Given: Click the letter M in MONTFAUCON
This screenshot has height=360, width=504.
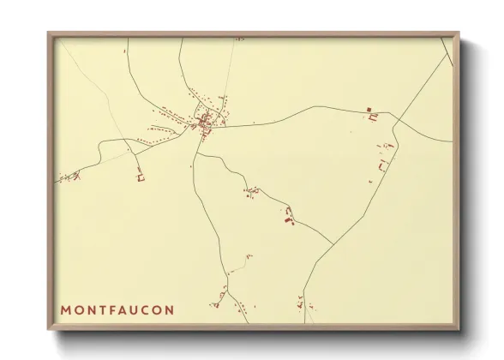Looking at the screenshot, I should [66, 309].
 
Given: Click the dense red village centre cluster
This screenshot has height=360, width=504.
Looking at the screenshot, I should [204, 123].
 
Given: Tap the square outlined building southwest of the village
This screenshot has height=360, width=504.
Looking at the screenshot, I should [141, 177].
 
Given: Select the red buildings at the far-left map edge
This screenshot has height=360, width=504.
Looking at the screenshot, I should [65, 178].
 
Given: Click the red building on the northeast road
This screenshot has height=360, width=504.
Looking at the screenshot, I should [371, 112].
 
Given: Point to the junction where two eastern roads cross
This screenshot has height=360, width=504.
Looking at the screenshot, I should [393, 115].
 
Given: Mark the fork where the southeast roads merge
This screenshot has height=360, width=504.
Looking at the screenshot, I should [333, 244].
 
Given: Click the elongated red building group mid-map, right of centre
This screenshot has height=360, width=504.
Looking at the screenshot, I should [290, 215].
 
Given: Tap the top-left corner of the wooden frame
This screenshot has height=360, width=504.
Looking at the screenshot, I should [49, 33].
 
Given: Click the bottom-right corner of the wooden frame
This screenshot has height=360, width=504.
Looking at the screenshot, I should [459, 330].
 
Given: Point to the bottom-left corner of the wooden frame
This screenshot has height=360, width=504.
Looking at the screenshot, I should [49, 330].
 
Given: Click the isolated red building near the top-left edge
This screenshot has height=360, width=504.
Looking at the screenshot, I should [125, 51].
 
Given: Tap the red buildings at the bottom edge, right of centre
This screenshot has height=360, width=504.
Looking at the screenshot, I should [300, 303].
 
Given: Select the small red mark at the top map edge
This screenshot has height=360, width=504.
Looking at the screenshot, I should [239, 39].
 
